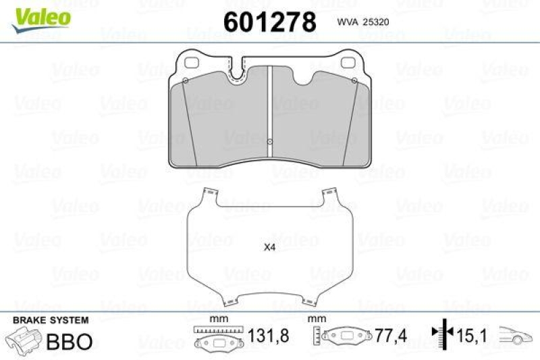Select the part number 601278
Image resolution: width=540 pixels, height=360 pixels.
pyautogui.click(x=269, y=22)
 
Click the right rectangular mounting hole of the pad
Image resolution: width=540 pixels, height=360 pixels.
pyautogui.click(x=349, y=66)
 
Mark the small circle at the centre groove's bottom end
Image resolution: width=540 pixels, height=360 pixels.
pyautogui.click(x=269, y=142)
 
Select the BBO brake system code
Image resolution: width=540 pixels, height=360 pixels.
pyautogui.click(x=69, y=341)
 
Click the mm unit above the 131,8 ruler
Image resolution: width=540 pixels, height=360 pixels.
pyautogui.click(x=217, y=319)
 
